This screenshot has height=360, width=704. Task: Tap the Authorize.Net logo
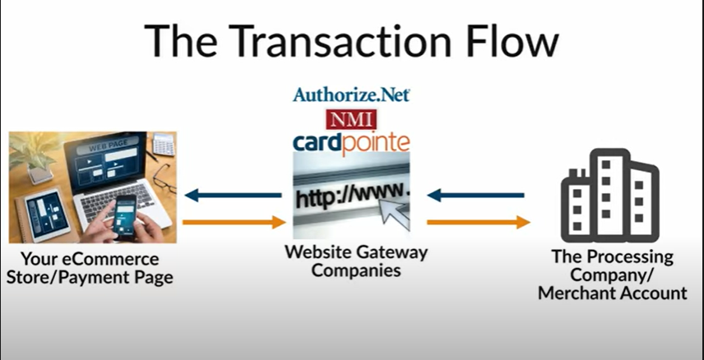tap(351, 94)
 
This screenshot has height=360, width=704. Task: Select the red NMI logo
tap(351, 118)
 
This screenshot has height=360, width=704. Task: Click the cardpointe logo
tap(351, 141)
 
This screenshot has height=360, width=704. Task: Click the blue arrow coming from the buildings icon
tap(475, 196)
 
